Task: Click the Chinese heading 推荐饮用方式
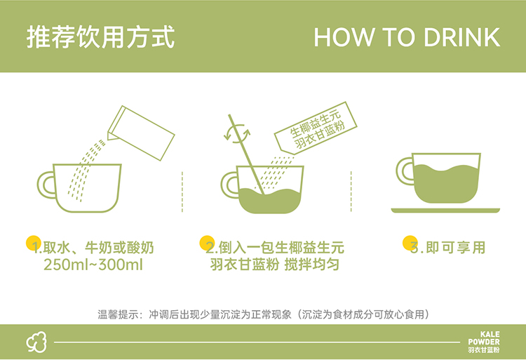(x=100, y=37)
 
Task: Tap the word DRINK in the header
(x=462, y=37)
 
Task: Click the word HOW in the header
(x=344, y=37)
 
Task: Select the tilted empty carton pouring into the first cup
(x=141, y=133)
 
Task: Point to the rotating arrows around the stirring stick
(x=237, y=133)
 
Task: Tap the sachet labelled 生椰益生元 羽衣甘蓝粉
(x=316, y=128)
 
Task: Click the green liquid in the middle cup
(x=271, y=201)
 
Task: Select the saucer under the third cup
(x=445, y=211)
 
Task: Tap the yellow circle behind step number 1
(x=34, y=243)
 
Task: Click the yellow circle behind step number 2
(x=207, y=243)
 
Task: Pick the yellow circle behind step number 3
(x=410, y=243)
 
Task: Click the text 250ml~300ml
(x=93, y=265)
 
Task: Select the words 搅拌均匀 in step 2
(x=312, y=265)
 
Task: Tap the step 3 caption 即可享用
(x=456, y=248)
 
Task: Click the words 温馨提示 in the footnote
(x=119, y=314)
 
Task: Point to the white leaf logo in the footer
(x=36, y=342)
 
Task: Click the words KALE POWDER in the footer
(x=484, y=338)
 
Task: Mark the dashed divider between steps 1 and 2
(x=182, y=192)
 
